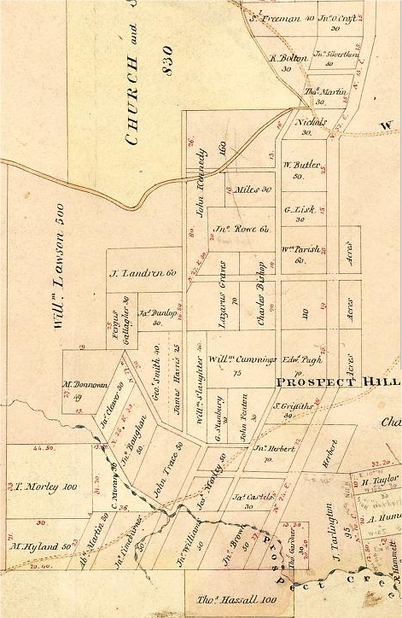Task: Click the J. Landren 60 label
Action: pyautogui.click(x=142, y=274)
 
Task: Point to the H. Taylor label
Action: pyautogui.click(x=376, y=482)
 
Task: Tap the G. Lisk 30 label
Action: pyautogui.click(x=300, y=213)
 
